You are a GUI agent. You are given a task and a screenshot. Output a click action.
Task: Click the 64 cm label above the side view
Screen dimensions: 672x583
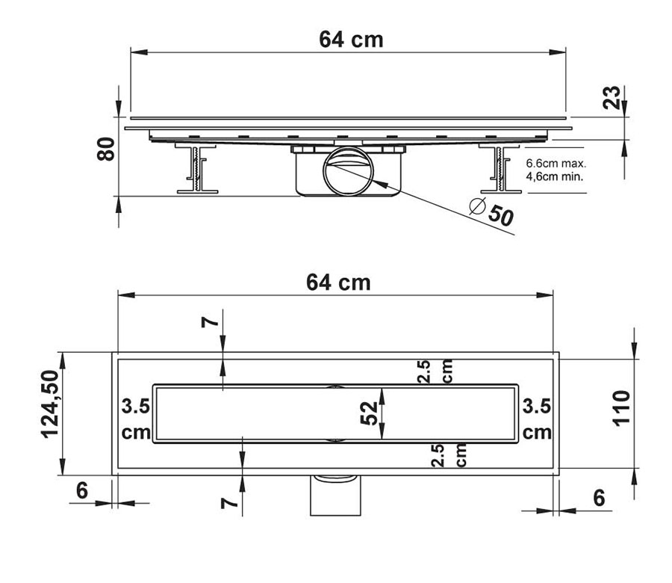(351, 40)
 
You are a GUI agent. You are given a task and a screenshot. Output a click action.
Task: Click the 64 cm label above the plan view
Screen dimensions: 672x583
(338, 283)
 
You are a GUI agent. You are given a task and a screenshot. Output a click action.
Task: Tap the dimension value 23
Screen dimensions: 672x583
(612, 97)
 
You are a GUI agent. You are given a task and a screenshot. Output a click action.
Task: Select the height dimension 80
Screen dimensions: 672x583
(106, 149)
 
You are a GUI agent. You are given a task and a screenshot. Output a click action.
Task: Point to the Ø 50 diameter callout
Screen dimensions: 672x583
(492, 212)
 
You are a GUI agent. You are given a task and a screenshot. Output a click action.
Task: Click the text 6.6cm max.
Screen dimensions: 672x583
(556, 164)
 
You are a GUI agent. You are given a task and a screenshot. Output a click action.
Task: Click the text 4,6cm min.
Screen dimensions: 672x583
(555, 176)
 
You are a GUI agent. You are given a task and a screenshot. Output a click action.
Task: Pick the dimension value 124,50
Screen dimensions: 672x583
(50, 404)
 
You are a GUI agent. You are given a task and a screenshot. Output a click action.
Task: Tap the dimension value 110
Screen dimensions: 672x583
(621, 408)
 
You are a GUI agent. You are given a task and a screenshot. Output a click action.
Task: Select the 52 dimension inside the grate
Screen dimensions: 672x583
(369, 413)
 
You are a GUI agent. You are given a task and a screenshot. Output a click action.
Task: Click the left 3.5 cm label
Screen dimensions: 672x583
(136, 419)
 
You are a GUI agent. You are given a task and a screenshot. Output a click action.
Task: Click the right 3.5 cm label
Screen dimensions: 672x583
(537, 419)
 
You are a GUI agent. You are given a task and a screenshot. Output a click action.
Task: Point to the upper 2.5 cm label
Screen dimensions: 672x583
(435, 371)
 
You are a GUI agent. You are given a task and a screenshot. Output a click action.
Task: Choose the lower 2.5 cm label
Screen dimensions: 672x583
(448, 454)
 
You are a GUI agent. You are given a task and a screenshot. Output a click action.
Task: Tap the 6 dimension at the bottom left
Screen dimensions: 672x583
(82, 490)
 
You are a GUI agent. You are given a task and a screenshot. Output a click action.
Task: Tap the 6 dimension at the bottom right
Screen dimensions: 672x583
(599, 498)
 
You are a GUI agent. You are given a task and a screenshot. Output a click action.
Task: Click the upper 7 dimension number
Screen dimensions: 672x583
(211, 321)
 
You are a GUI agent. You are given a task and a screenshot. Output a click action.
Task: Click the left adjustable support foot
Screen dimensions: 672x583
(196, 168)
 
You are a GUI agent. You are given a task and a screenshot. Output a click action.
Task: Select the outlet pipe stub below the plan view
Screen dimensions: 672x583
(335, 495)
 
